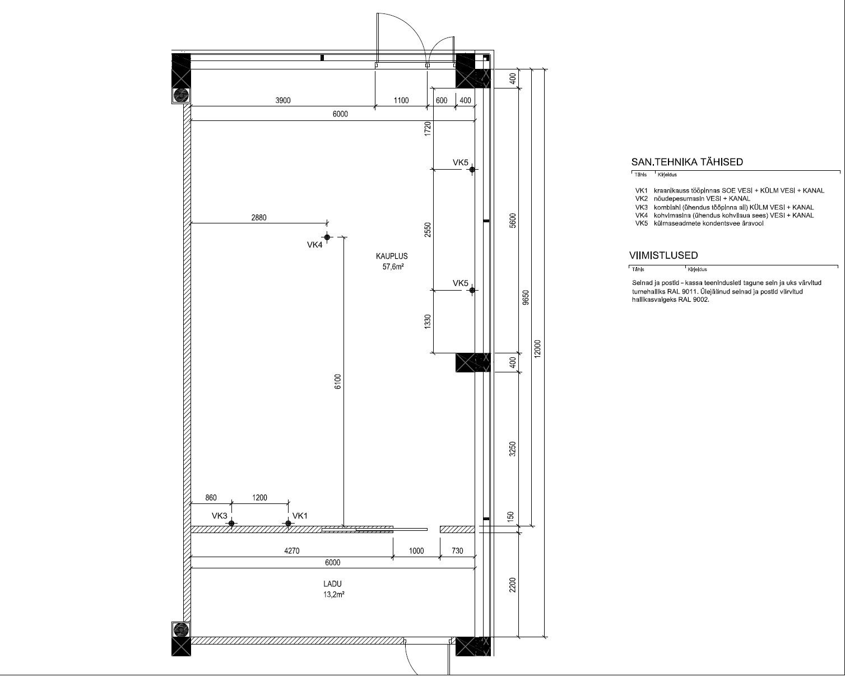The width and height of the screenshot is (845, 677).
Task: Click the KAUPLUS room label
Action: [392, 256]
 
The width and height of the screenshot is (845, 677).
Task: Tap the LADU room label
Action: [332, 584]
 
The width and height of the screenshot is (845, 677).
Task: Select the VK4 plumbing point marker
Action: [327, 237]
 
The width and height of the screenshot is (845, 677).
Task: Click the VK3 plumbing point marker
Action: [231, 523]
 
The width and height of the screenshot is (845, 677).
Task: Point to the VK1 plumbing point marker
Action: [288, 523]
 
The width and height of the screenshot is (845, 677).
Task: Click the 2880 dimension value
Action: [259, 217]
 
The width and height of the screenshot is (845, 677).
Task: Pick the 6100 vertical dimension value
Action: [338, 381]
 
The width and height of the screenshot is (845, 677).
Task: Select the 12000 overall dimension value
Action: [537, 348]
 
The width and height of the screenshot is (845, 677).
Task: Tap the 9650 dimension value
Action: [526, 297]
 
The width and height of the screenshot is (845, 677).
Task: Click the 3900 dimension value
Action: [283, 100]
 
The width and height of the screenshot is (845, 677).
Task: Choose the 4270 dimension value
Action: [292, 550]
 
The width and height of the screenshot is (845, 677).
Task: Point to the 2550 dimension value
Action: [428, 230]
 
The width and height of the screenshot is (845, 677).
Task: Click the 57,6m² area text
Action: [393, 267]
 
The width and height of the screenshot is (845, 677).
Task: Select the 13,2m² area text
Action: [334, 595]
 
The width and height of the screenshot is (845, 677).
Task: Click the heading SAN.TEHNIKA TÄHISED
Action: [687, 162]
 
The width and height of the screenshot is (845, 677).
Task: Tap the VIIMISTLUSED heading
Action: [663, 255]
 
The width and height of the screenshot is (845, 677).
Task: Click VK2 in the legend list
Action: [641, 199]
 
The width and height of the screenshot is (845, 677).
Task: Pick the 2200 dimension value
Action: [512, 585]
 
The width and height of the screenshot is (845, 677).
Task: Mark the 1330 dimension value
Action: [428, 321]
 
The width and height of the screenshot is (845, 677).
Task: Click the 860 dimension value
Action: [211, 498]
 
